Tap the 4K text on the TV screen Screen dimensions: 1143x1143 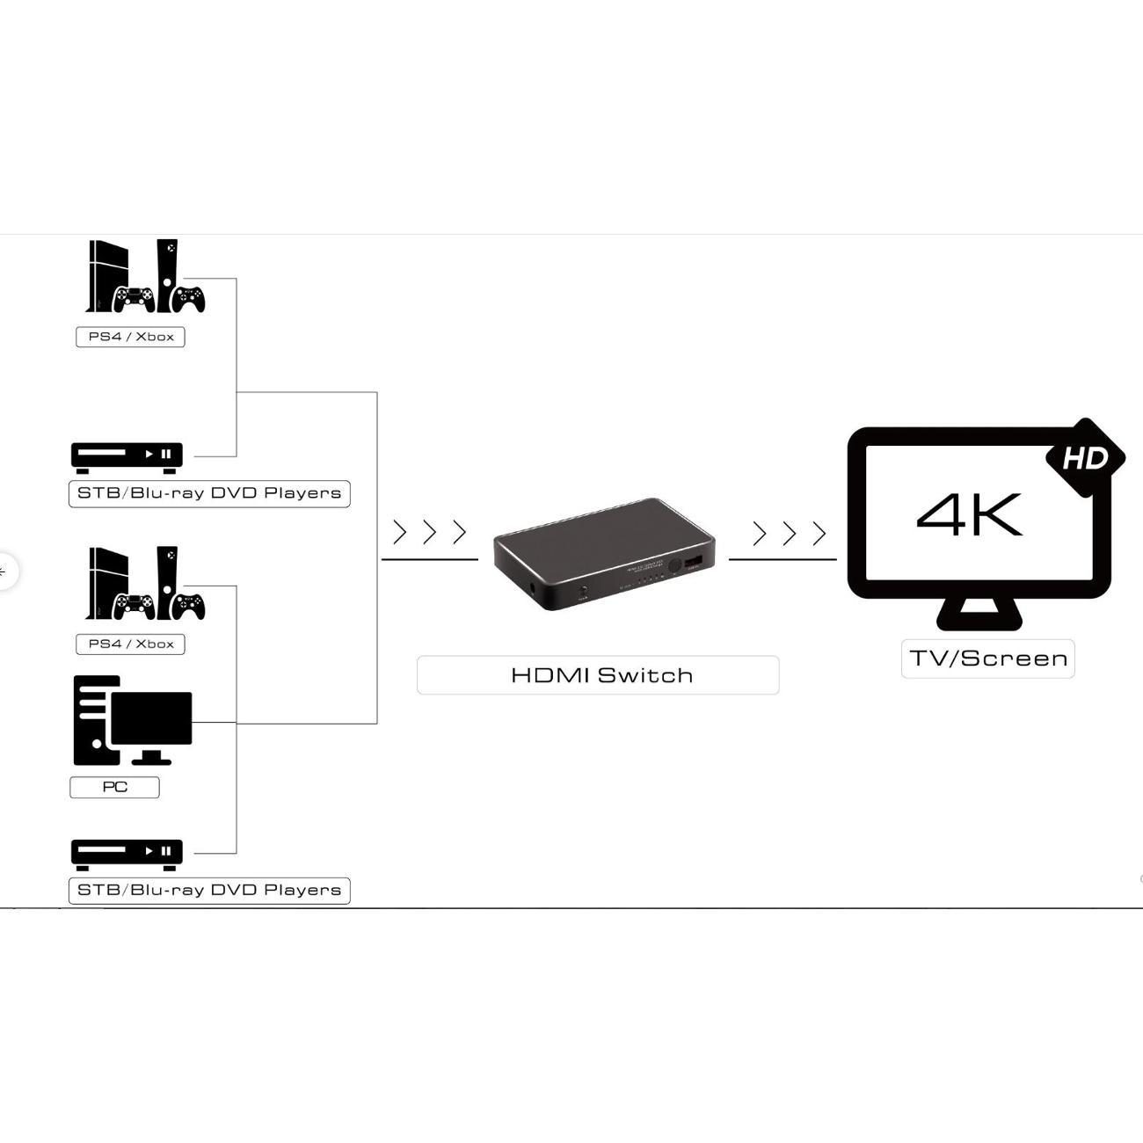tap(969, 514)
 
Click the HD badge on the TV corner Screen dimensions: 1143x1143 tap(1084, 458)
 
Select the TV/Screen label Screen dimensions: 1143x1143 tap(987, 659)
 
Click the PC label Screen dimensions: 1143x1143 tap(114, 787)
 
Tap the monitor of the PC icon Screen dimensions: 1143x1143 tap(151, 717)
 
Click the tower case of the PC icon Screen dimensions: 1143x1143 tap(91, 721)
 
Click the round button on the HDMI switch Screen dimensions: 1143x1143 tap(675, 568)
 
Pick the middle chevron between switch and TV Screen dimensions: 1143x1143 tap(789, 533)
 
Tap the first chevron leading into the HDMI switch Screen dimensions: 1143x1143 tap(400, 532)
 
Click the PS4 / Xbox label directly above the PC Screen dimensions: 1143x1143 tap(130, 644)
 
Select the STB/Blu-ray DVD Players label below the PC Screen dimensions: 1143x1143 tap(209, 890)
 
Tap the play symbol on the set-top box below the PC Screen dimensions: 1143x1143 tap(149, 850)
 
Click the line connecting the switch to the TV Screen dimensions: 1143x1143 tap(783, 559)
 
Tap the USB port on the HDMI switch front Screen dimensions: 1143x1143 tap(694, 562)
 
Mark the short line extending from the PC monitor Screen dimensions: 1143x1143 tap(214, 723)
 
